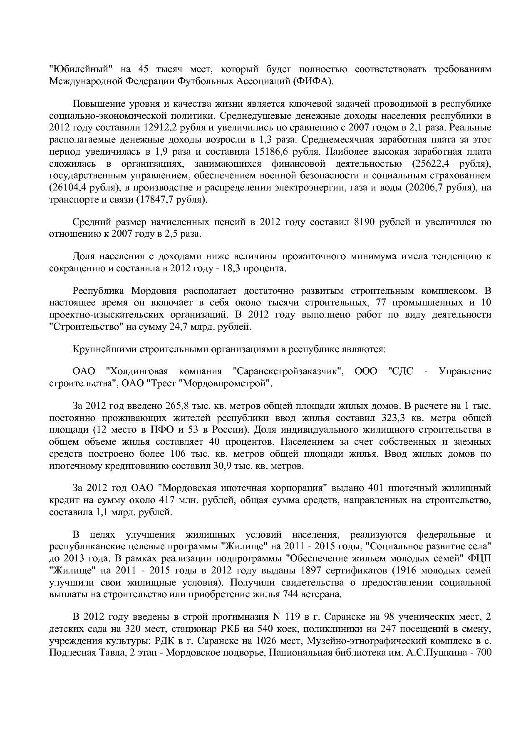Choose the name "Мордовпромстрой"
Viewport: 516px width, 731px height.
[x=236, y=383]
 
